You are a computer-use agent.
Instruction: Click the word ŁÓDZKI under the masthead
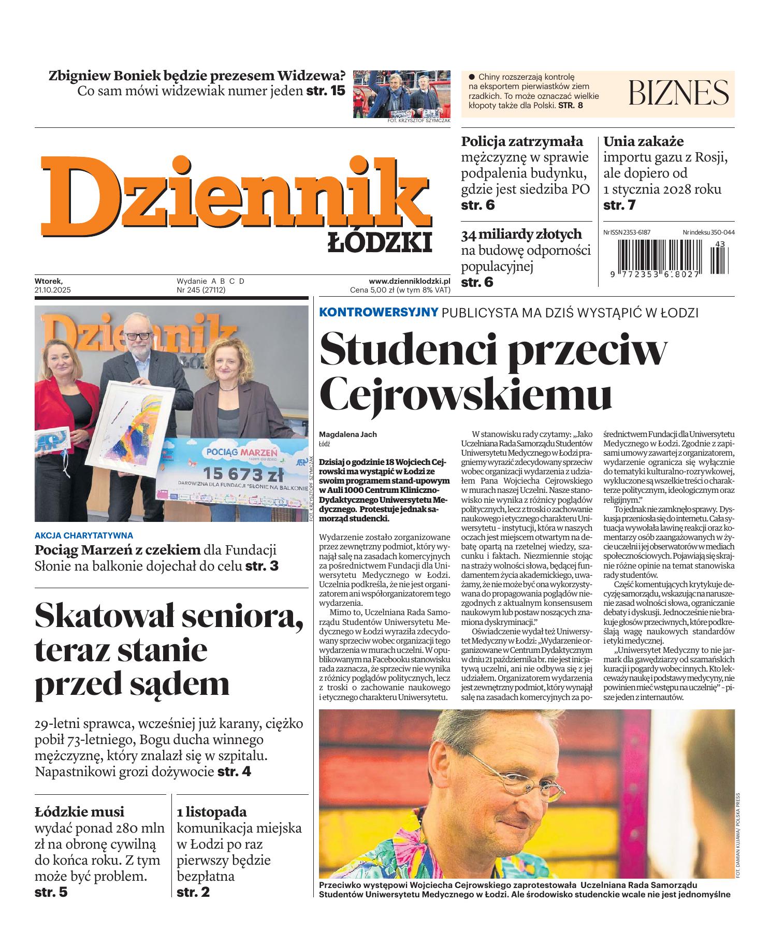pos(380,242)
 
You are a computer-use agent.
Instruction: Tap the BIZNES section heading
pos(678,93)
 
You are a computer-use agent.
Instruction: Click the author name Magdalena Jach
pos(347,434)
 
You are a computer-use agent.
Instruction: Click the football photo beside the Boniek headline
pos(402,94)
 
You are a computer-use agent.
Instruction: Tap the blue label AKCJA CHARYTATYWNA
pos(83,535)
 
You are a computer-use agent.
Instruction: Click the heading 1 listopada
pos(211,811)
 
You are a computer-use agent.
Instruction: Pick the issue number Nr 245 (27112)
pos(201,290)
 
